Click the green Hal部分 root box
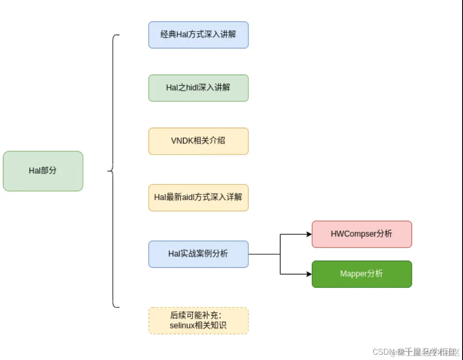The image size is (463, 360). (43, 171)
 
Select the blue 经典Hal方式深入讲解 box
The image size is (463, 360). (198, 35)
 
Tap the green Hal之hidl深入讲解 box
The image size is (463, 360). (198, 88)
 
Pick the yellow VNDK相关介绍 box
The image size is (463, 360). (198, 141)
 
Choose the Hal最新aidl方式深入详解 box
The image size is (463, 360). (198, 198)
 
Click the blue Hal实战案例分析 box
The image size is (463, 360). (198, 254)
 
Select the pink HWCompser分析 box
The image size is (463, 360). (362, 234)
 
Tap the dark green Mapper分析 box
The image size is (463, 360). (362, 274)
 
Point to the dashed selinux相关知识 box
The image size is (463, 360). (198, 321)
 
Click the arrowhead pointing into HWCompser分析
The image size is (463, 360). (309, 234)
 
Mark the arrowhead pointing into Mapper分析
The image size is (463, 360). (309, 274)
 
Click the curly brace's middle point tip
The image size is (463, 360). (108, 171)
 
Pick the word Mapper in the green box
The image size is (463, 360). (352, 274)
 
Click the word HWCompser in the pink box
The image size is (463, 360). (354, 234)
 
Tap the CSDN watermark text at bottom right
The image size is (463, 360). (381, 352)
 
